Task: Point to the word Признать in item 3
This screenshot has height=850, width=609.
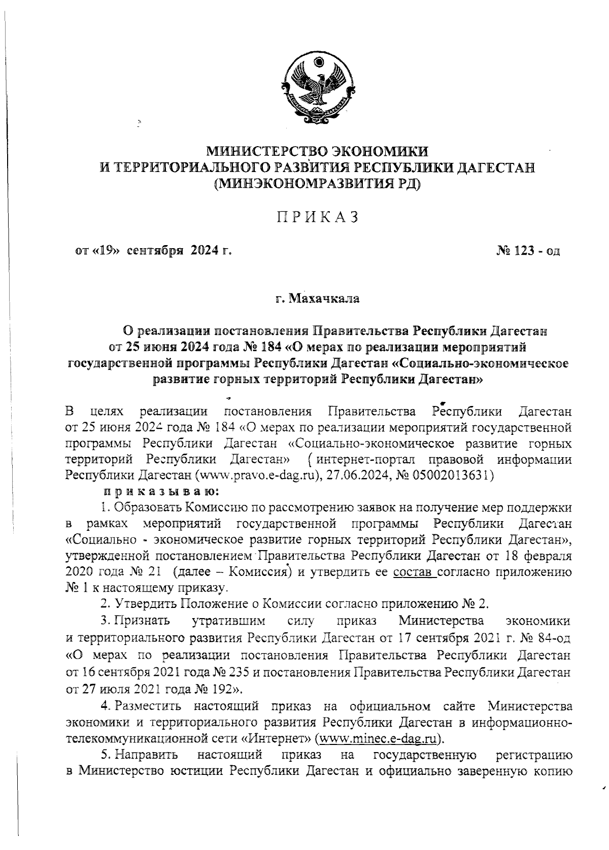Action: pos(142,621)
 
